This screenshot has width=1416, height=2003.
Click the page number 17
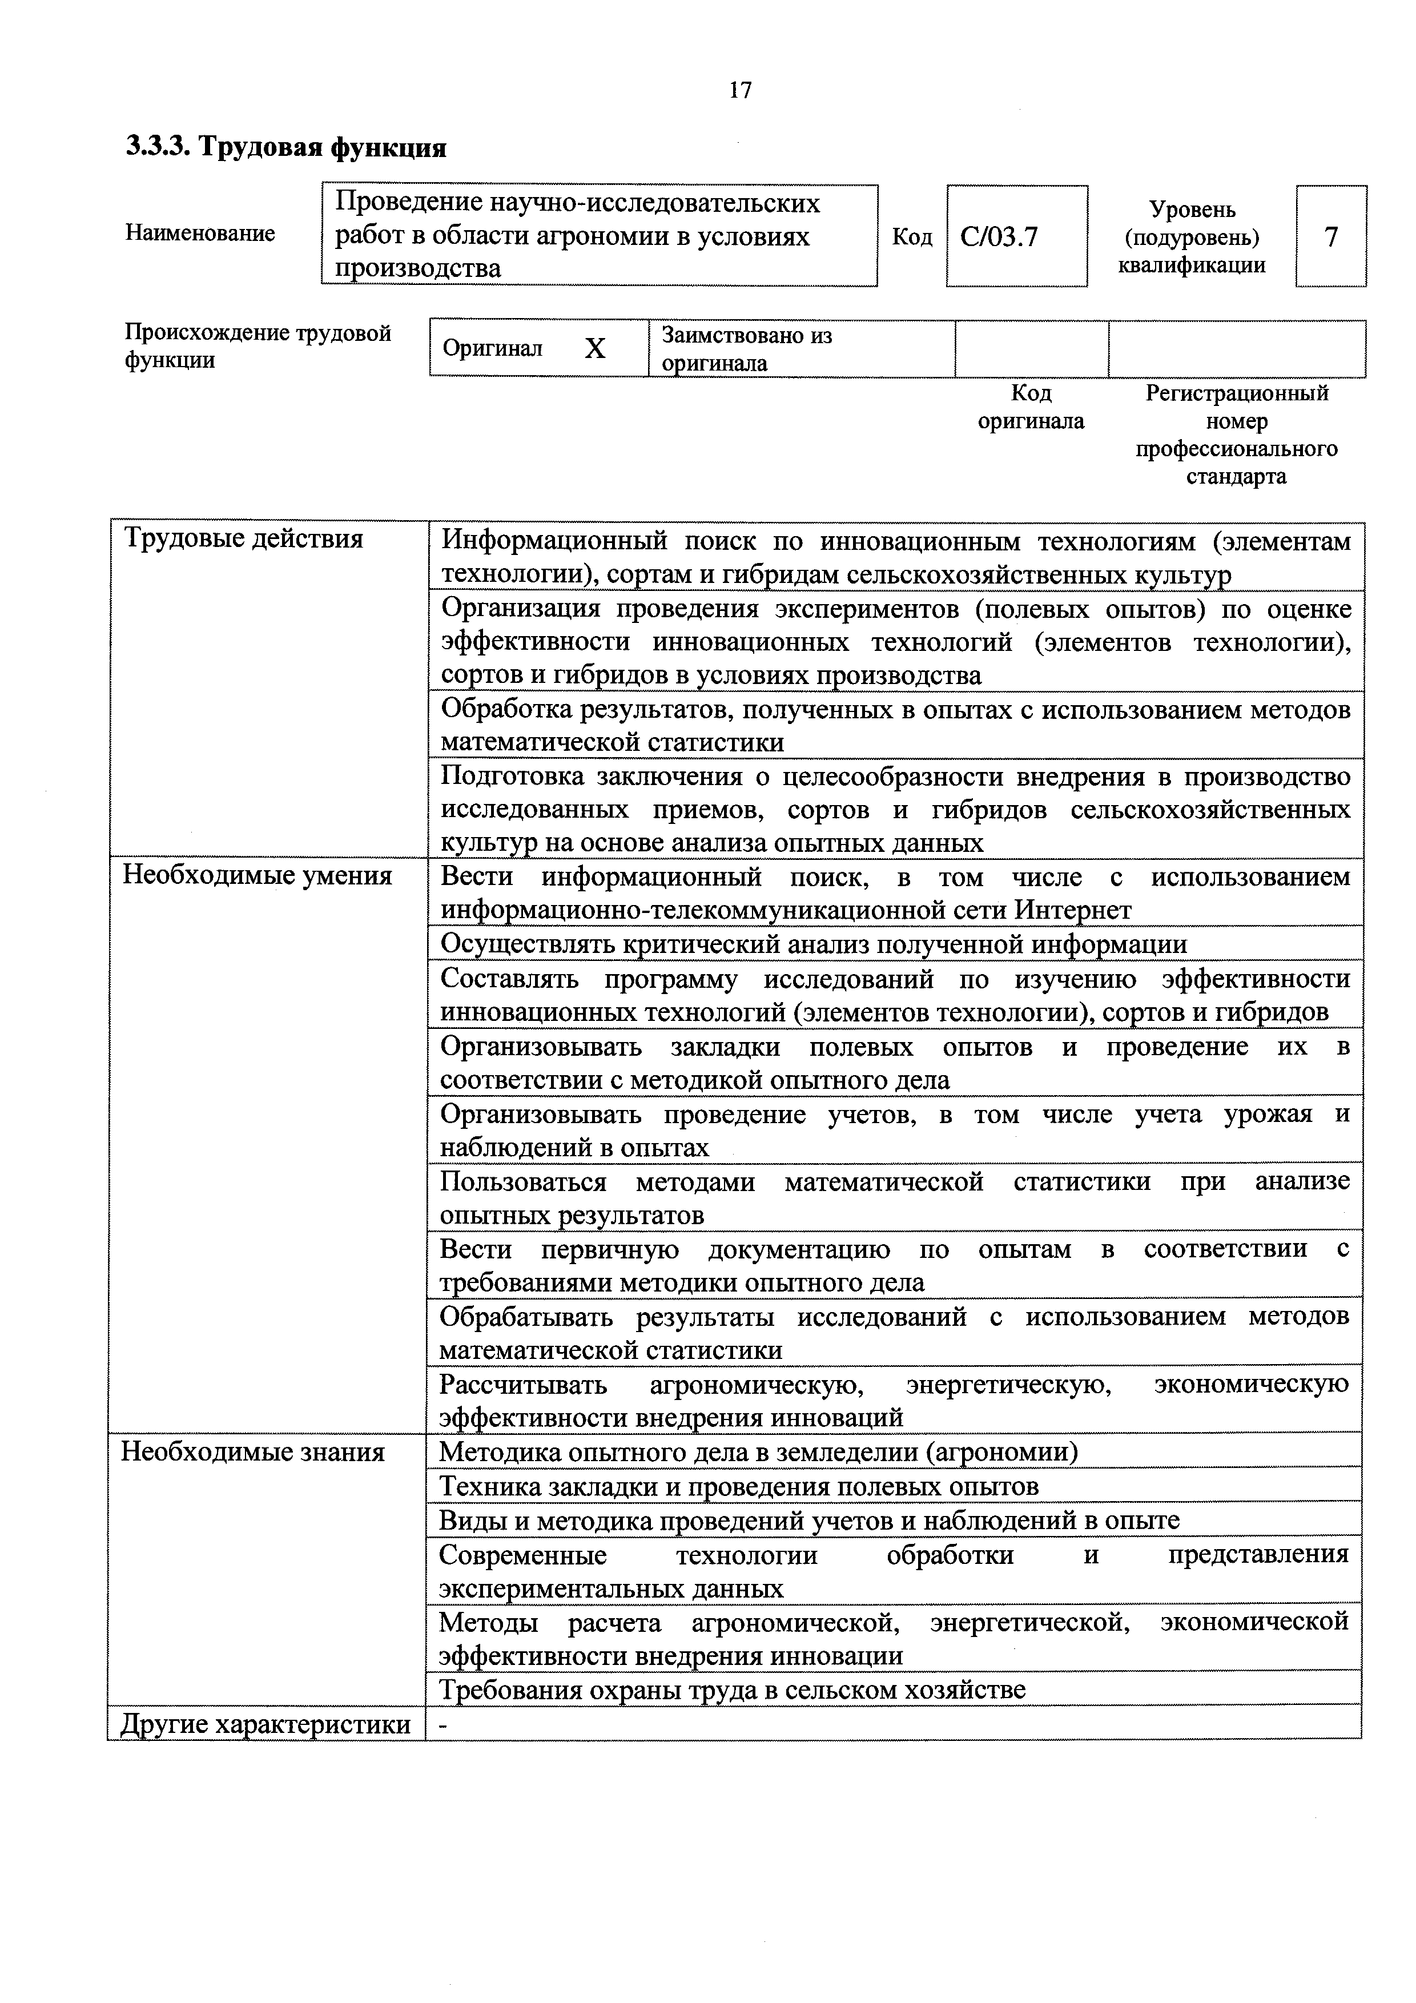[x=740, y=90]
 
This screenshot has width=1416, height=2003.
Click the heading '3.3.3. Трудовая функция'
[x=286, y=147]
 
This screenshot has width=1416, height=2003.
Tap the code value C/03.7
[x=999, y=236]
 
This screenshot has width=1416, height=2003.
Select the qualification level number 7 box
[x=1330, y=236]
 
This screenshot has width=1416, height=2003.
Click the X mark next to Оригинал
[x=594, y=349]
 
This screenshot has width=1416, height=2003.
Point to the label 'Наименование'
[x=200, y=233]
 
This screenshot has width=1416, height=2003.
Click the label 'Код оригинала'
[x=1031, y=408]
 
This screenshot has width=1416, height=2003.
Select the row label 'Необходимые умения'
[x=258, y=875]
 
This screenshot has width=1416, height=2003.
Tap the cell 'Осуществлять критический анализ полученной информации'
[x=813, y=944]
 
